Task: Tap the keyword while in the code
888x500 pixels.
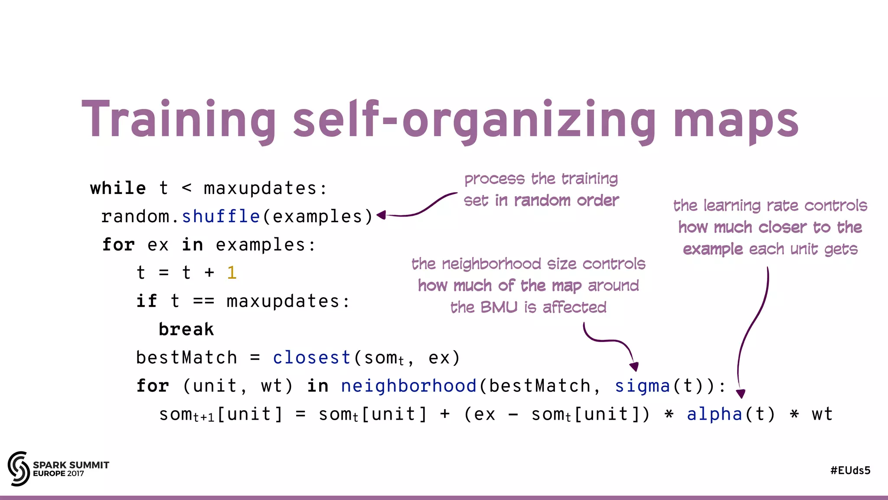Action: point(118,188)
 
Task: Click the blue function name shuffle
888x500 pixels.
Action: point(221,217)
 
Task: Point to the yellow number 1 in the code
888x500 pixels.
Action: point(232,273)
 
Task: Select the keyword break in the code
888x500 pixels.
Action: point(186,329)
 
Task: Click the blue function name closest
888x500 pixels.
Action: point(312,358)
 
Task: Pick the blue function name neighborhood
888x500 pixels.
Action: point(408,386)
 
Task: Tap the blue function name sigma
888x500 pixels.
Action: point(643,386)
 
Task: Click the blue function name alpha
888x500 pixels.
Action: point(715,414)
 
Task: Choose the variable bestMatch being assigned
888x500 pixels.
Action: point(186,358)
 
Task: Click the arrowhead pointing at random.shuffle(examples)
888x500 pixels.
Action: point(381,215)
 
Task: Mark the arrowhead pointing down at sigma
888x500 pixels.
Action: point(634,367)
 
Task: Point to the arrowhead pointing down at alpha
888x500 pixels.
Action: point(741,394)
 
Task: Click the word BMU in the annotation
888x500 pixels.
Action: point(499,307)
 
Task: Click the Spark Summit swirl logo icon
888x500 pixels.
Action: point(19,468)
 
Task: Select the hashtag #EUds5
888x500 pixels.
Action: point(850,470)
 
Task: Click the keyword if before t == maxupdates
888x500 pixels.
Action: point(147,301)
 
